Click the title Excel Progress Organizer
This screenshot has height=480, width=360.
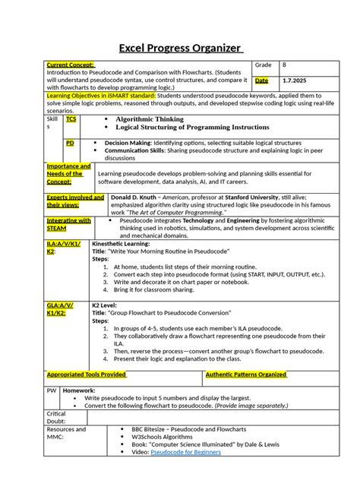[180, 50]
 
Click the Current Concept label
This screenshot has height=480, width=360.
[71, 66]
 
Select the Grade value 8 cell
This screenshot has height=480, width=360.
[284, 66]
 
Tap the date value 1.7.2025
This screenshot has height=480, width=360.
[295, 81]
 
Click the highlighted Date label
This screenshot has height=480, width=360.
[261, 81]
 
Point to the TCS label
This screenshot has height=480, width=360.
[71, 120]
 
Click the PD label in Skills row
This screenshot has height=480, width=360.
[70, 143]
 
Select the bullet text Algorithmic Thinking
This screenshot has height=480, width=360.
[149, 120]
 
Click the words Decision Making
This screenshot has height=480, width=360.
[127, 143]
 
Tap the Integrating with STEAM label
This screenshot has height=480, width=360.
[68, 225]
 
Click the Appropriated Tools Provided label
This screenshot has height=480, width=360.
[87, 374]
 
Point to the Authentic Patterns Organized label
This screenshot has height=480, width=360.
[246, 374]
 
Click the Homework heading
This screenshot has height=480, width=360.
[79, 390]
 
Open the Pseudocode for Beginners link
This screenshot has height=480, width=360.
[186, 452]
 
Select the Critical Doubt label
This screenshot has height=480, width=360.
[57, 417]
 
